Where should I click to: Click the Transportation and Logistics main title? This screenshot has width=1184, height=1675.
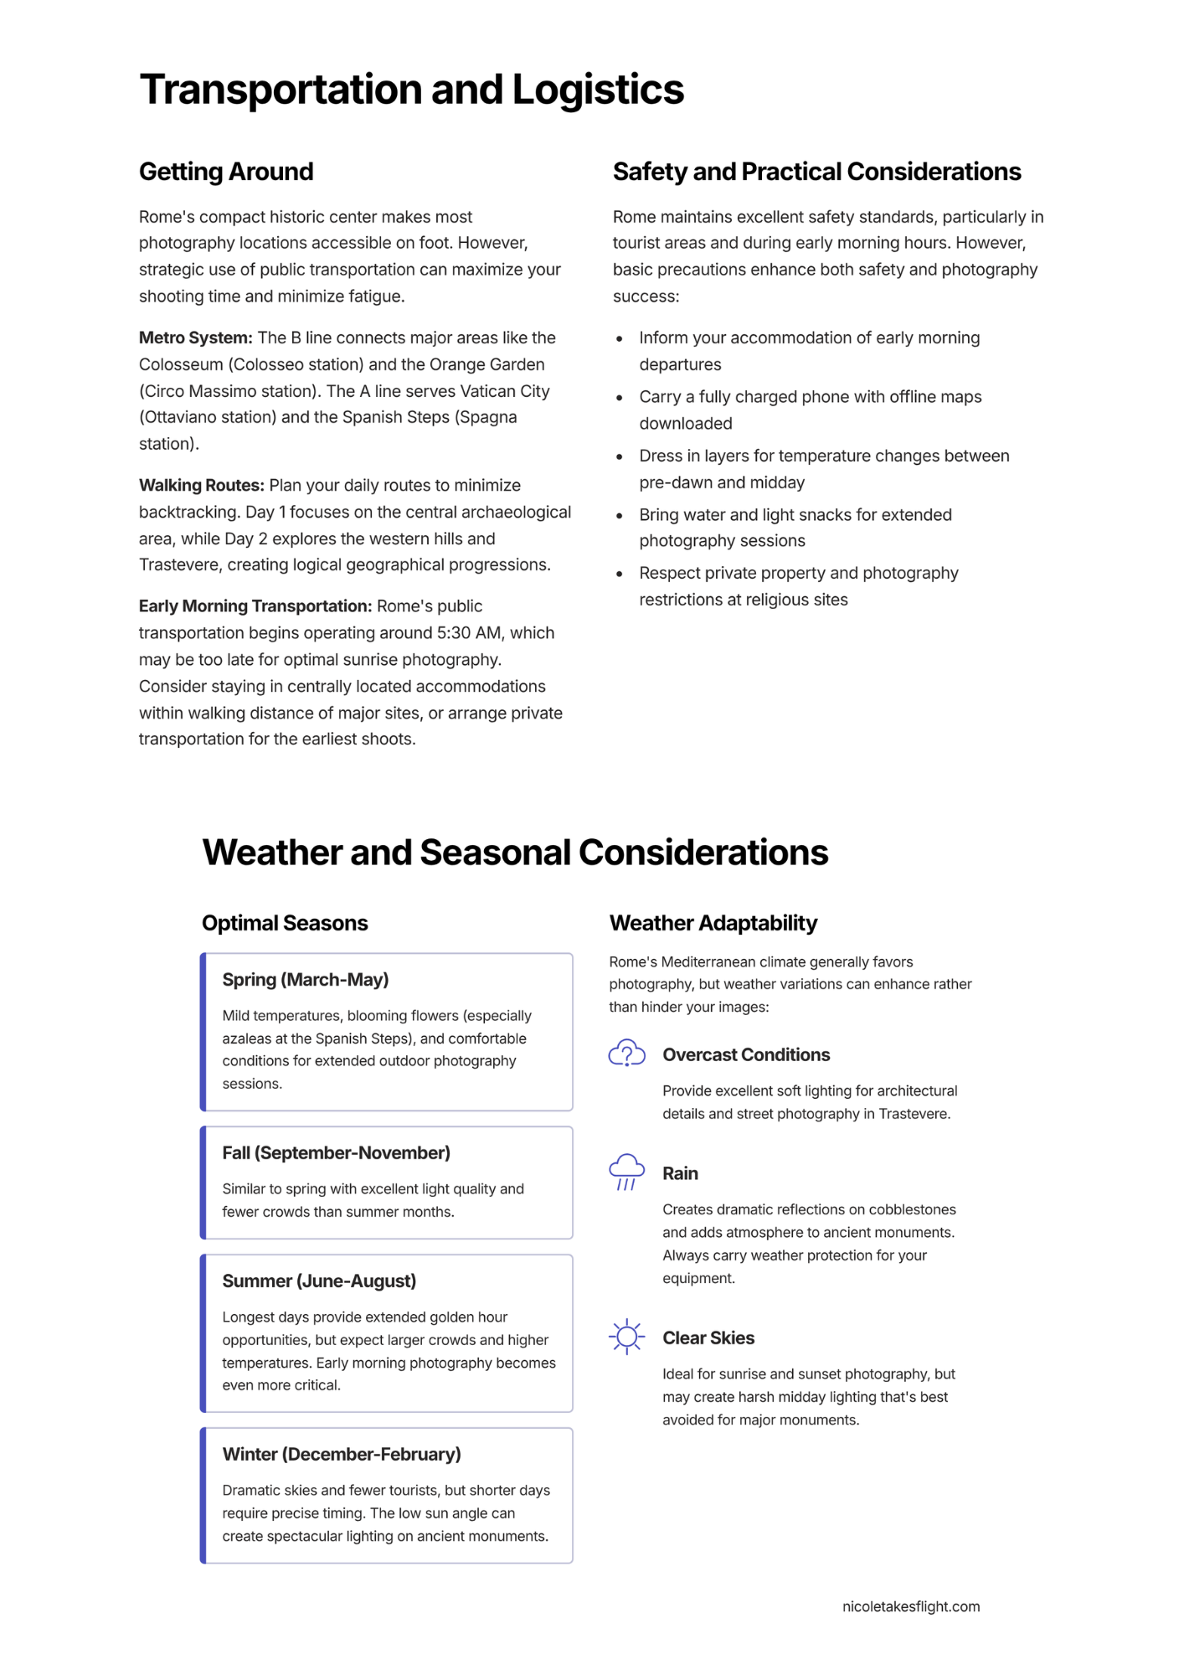pyautogui.click(x=411, y=90)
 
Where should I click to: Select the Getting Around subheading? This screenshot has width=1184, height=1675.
pyautogui.click(x=226, y=172)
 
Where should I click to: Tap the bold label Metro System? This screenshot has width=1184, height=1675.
pyautogui.click(x=195, y=338)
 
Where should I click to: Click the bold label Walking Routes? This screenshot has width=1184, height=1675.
pyautogui.click(x=202, y=485)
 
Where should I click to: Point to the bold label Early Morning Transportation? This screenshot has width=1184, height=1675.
pyautogui.click(x=255, y=606)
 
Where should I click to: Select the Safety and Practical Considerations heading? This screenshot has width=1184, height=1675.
pyautogui.click(x=816, y=172)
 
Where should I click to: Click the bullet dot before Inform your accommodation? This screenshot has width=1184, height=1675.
pyautogui.click(x=620, y=338)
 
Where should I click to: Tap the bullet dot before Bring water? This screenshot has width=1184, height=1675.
pyautogui.click(x=620, y=515)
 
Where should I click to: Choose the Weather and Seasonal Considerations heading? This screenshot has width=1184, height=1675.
pyautogui.click(x=515, y=853)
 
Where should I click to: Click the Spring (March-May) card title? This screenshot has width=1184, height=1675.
pyautogui.click(x=306, y=979)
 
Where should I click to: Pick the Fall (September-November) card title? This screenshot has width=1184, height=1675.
pyautogui.click(x=336, y=1152)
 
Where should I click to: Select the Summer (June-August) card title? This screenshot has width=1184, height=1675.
pyautogui.click(x=319, y=1281)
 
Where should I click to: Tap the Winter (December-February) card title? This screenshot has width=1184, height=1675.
pyautogui.click(x=342, y=1454)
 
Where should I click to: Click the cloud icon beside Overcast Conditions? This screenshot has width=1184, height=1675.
pyautogui.click(x=626, y=1054)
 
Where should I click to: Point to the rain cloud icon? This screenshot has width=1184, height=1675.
pyautogui.click(x=626, y=1172)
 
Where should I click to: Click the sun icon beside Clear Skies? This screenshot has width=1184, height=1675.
pyautogui.click(x=626, y=1337)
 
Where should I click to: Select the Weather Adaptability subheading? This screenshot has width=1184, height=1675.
pyautogui.click(x=713, y=923)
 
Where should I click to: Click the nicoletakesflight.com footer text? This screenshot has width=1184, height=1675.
pyautogui.click(x=911, y=1606)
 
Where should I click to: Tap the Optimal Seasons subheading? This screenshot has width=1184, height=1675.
pyautogui.click(x=285, y=923)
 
